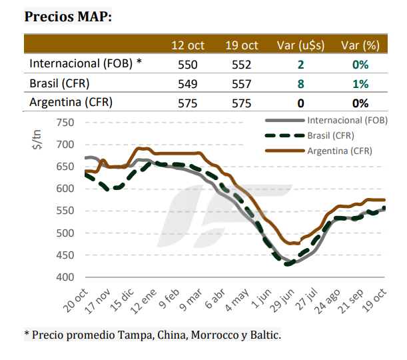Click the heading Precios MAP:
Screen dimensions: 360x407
68,17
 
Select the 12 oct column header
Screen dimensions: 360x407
188,45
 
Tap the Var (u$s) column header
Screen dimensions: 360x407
300,45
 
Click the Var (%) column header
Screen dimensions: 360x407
360,45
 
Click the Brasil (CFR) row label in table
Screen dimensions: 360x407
60,84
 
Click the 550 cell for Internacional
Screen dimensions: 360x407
188,65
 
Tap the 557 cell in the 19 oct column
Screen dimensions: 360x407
241,85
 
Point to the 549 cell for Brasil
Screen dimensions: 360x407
188,85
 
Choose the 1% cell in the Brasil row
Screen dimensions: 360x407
360,85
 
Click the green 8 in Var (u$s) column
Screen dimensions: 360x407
301,85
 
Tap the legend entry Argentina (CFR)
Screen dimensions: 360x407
340,151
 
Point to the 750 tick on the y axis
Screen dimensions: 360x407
65,123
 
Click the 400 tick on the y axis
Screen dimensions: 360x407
65,277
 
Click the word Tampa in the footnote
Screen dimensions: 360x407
132,335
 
